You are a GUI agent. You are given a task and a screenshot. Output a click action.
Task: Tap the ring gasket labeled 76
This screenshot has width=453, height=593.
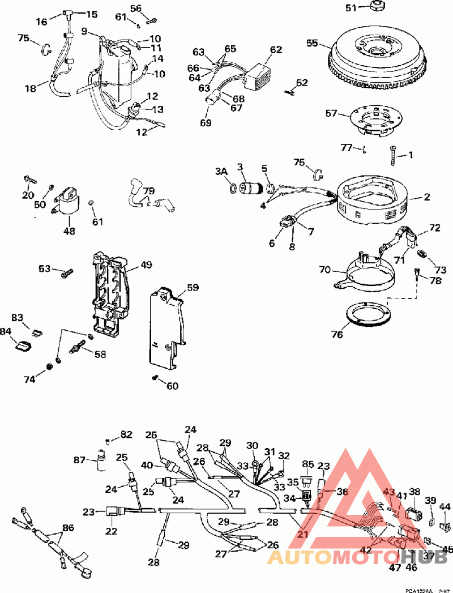click(x=368, y=313)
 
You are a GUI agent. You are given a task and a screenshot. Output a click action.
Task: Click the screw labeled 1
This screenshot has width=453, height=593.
click(x=393, y=152)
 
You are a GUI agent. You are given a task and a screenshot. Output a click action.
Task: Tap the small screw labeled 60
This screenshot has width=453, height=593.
click(x=154, y=377)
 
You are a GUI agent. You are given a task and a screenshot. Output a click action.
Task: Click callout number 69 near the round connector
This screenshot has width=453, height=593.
click(x=205, y=122)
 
